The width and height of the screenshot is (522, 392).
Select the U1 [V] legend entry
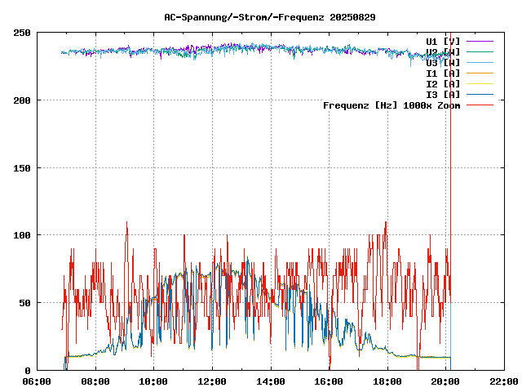click(x=443, y=41)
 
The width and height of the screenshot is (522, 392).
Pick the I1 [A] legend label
click(x=443, y=73)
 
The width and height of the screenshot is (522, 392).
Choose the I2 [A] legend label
click(x=443, y=84)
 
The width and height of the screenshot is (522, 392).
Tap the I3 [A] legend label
click(x=443, y=95)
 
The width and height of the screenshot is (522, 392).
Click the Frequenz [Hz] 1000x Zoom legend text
click(x=391, y=105)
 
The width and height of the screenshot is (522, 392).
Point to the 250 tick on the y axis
click(x=22, y=33)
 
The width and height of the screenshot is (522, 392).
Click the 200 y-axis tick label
click(x=22, y=100)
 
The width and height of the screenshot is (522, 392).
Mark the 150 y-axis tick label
click(x=22, y=168)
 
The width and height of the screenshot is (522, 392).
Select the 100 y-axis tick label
click(x=22, y=235)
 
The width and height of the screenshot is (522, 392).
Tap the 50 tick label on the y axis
click(x=24, y=303)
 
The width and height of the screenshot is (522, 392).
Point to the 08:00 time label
click(x=95, y=381)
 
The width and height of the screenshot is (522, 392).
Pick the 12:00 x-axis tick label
click(x=212, y=381)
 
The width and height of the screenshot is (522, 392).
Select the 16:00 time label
click(x=329, y=381)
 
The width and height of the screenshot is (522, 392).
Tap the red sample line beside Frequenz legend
click(x=480, y=105)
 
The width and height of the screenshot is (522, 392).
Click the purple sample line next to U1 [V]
click(x=480, y=41)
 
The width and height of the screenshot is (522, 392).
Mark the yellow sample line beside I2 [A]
click(x=480, y=84)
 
